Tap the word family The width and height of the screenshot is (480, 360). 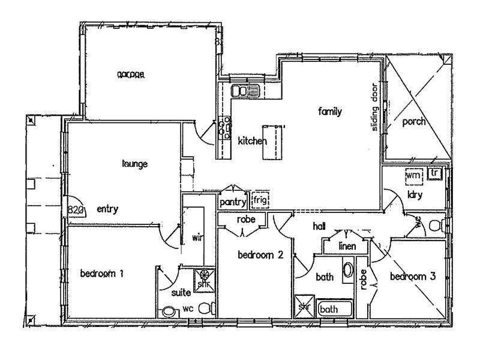330,111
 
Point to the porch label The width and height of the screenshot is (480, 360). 413,122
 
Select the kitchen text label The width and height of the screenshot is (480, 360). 252,141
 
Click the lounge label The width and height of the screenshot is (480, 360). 134,164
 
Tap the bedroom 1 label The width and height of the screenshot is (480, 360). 101,274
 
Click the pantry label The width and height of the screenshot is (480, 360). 233,202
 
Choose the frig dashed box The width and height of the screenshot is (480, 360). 260,199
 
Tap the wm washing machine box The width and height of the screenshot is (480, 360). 413,176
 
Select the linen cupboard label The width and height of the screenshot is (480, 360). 347,246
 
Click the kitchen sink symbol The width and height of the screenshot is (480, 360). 244,92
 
